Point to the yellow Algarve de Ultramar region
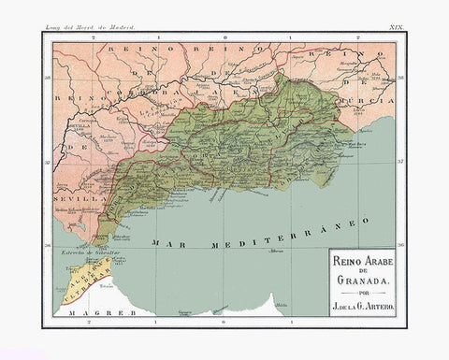click(90, 275)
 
